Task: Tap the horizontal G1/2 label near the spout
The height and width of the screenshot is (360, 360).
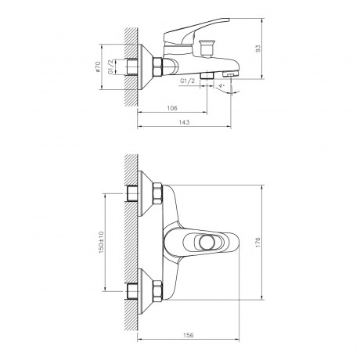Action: coord(188,81)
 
